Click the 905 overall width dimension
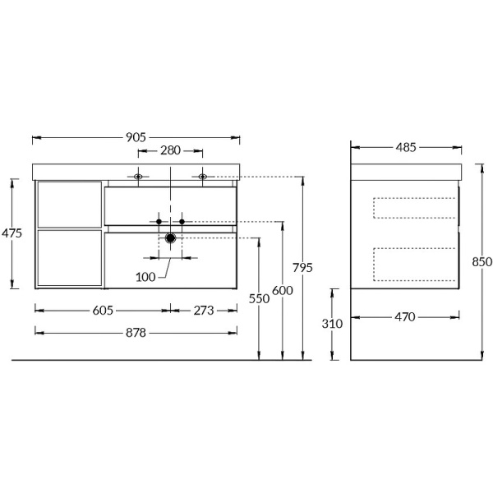point(136,137)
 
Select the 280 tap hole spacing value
point(170,151)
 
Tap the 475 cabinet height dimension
point(12,233)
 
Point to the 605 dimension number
point(103,310)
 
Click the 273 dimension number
point(203,310)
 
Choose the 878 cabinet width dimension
point(136,332)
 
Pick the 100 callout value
point(146,277)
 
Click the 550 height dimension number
point(259,300)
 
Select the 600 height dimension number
point(283,290)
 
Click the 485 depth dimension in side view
point(406,148)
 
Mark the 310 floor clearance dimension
point(332,324)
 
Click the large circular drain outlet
point(170,238)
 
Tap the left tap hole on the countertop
point(139,176)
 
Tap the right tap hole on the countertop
point(202,176)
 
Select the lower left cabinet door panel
point(70,258)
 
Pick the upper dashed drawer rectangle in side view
point(414,208)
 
